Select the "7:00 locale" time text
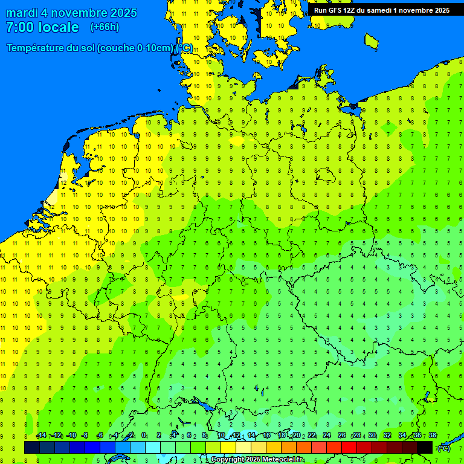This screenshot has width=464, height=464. coord(42,27)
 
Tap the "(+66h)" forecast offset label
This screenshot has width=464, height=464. coord(105,27)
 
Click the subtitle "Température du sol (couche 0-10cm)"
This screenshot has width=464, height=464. coord(91,48)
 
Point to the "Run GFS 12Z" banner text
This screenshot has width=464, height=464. coord(336,10)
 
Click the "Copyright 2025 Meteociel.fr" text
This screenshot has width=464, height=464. coord(257,460)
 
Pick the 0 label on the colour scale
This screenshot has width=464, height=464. coord(144,436)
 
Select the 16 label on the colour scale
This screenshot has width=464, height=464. coord(266,436)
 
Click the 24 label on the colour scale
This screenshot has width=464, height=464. coord(327,436)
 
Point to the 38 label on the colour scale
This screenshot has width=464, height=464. coord(432,436)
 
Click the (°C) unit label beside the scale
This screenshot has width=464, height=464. coord(443,448)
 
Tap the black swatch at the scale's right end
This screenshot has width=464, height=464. coord(425,448)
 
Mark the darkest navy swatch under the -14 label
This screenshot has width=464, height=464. coord(32,448)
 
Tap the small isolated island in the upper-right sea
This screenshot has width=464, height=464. coord(371,40)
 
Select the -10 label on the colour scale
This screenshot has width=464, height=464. coord(71,436)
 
